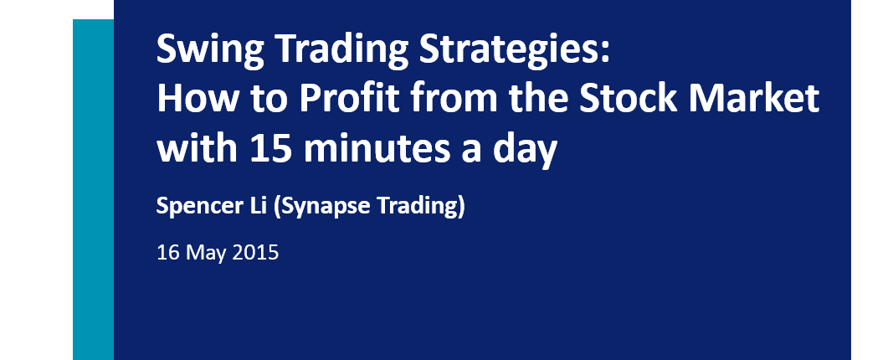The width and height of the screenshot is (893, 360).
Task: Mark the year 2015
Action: coord(256,252)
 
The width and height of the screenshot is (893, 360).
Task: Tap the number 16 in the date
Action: coord(168,252)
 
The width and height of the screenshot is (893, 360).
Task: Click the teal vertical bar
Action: coord(94,190)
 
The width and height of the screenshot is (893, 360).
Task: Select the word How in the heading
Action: coord(196,99)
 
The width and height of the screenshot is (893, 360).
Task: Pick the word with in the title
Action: coord(197,147)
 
